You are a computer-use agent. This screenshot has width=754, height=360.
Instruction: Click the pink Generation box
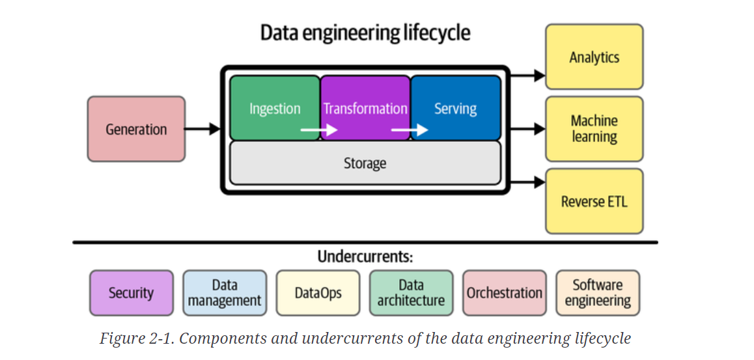pyautogui.click(x=136, y=129)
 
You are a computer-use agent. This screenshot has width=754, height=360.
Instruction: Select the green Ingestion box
pyautogui.click(x=275, y=107)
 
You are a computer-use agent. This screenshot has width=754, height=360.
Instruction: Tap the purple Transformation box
pyautogui.click(x=365, y=107)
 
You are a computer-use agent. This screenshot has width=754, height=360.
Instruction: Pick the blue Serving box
pyautogui.click(x=456, y=107)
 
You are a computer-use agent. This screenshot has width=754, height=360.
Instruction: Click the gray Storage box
pyautogui.click(x=365, y=163)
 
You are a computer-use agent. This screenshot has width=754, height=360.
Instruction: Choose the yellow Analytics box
pyautogui.click(x=594, y=57)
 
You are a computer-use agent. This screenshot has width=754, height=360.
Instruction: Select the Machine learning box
pyautogui.click(x=594, y=129)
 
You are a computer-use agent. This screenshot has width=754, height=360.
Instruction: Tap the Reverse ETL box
pyautogui.click(x=594, y=201)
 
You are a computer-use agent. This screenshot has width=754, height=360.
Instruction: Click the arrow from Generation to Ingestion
pyautogui.click(x=202, y=129)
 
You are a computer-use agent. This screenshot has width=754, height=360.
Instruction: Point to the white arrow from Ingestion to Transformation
pyautogui.click(x=318, y=130)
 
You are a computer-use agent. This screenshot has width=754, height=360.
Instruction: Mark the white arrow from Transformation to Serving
pyautogui.click(x=409, y=130)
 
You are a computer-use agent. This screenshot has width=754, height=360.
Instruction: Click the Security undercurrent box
pyautogui.click(x=132, y=293)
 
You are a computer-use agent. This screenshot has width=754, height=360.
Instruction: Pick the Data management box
pyautogui.click(x=225, y=293)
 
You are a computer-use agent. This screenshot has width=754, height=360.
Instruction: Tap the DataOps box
pyautogui.click(x=318, y=293)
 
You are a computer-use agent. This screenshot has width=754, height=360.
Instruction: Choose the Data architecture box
pyautogui.click(x=411, y=293)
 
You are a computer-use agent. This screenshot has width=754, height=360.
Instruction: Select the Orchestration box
pyautogui.click(x=505, y=293)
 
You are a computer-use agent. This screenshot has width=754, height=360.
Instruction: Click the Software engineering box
pyautogui.click(x=598, y=293)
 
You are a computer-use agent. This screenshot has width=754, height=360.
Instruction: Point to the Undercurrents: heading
pyautogui.click(x=365, y=256)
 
